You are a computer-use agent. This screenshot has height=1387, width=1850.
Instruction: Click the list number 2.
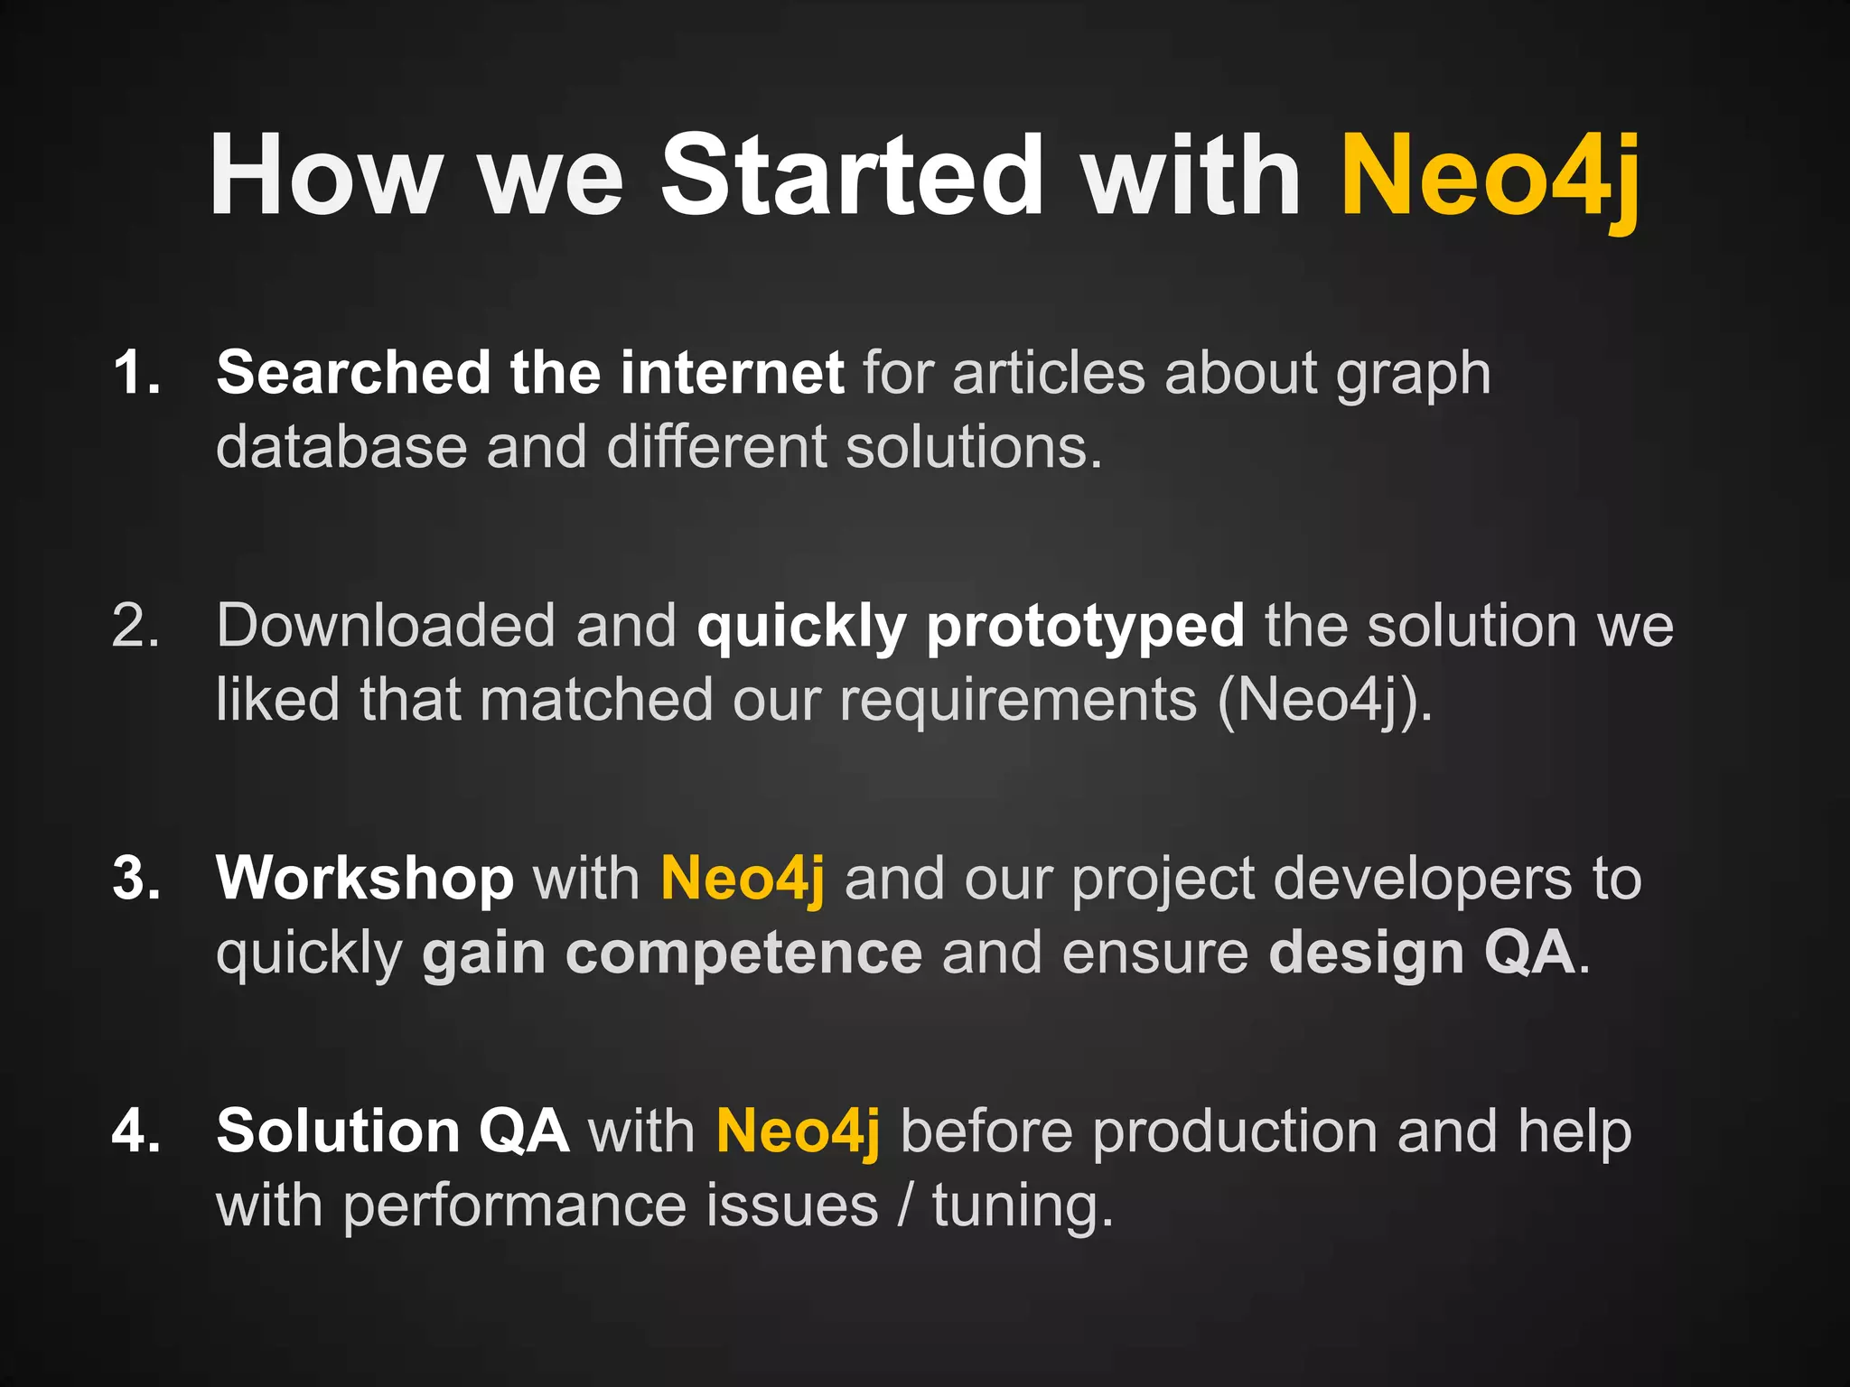(136, 625)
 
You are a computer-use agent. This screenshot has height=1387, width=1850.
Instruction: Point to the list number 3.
(136, 878)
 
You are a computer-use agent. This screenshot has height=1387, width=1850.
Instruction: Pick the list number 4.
(136, 1131)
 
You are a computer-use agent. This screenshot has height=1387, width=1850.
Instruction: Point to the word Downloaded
(386, 625)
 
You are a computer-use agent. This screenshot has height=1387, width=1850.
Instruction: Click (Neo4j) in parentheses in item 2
(1322, 701)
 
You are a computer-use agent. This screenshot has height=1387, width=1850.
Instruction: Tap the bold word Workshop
(365, 880)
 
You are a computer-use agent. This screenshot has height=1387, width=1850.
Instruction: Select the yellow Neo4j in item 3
(743, 880)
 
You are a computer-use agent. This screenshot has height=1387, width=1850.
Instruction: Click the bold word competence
(743, 954)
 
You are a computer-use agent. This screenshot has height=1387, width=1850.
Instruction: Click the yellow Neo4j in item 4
(798, 1132)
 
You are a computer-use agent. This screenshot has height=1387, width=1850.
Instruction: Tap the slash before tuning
(904, 1206)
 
